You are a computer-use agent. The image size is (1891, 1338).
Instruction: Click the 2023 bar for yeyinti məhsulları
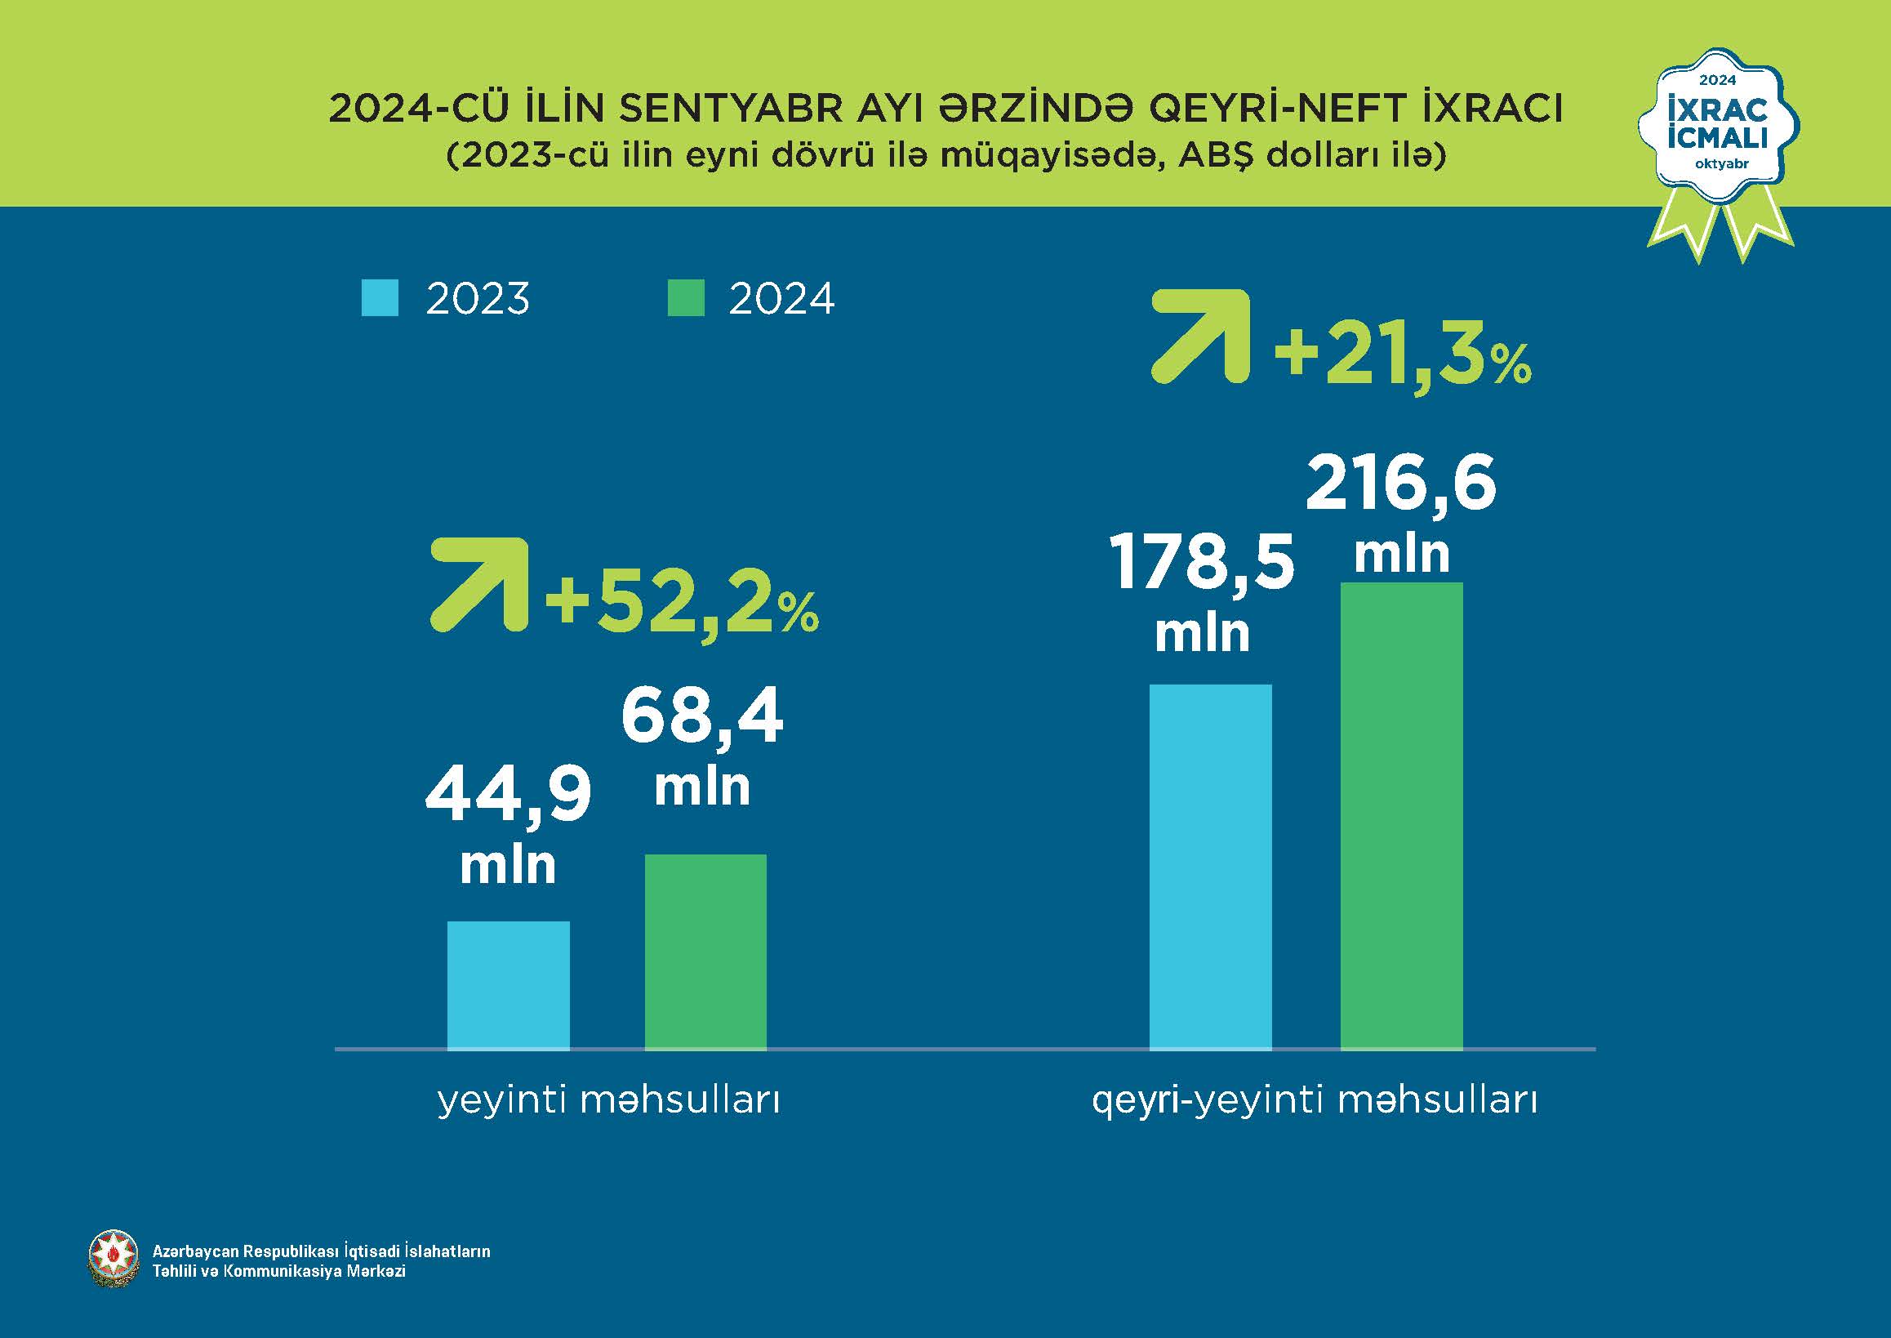tap(508, 984)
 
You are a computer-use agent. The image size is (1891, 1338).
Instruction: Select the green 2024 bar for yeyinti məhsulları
tap(705, 952)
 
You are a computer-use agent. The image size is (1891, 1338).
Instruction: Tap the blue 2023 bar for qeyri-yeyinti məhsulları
tap(1210, 867)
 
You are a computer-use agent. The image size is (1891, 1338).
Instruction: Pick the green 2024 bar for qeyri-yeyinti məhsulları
tap(1402, 816)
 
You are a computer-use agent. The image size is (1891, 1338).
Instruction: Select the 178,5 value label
tap(1202, 564)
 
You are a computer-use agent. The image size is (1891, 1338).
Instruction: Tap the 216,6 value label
tap(1400, 484)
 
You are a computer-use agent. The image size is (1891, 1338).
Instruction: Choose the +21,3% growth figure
tap(1402, 358)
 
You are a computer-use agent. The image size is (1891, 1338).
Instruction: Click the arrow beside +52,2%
tap(479, 585)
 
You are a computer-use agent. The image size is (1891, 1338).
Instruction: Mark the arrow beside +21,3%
tap(1201, 337)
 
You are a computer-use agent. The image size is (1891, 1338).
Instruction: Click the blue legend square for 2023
tap(380, 297)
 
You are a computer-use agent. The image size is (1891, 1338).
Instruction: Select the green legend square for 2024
tap(685, 297)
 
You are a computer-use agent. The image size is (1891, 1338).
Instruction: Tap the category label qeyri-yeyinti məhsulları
tap(1315, 1101)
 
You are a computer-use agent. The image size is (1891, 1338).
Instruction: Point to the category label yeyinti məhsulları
tap(608, 1101)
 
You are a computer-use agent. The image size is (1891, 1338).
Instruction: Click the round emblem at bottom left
tap(113, 1260)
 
